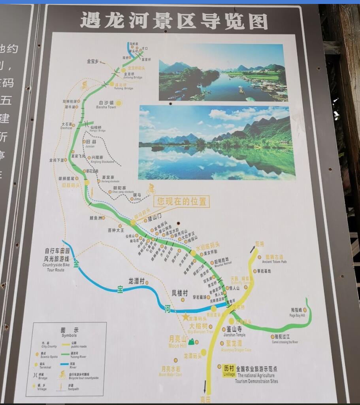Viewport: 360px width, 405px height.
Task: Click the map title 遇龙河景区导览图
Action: tap(174, 21)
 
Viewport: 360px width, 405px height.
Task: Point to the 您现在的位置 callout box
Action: tap(182, 201)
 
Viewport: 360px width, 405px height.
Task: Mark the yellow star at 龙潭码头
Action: tap(185, 317)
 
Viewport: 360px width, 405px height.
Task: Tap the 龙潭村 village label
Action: tap(139, 281)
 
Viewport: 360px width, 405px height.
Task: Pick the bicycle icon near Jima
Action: tap(151, 189)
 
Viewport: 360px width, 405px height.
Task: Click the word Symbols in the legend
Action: tap(70, 335)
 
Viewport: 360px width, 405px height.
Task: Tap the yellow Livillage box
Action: tap(229, 371)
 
